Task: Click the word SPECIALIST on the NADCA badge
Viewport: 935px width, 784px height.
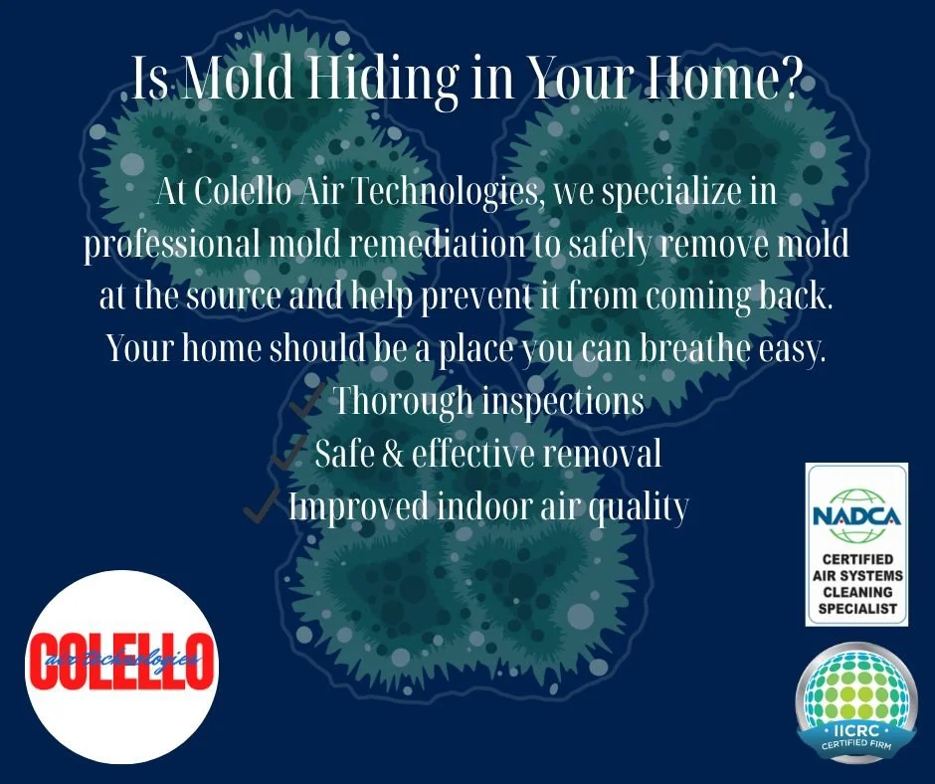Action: click(856, 608)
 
